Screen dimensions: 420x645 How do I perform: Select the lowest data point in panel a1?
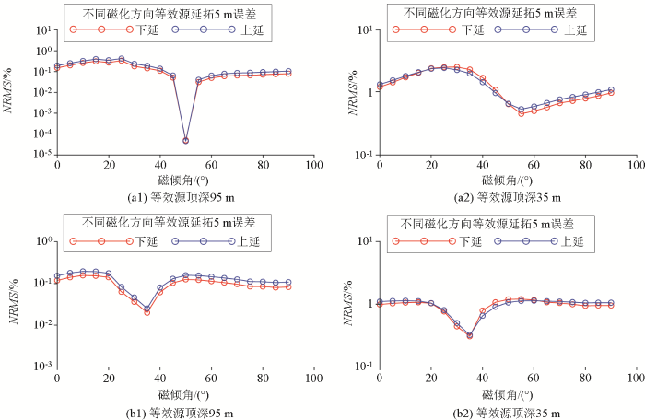[185, 141]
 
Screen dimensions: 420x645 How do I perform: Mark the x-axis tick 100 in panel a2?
[636, 164]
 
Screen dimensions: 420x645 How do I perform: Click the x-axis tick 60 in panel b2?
[534, 377]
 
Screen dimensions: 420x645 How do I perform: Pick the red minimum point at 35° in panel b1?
[147, 312]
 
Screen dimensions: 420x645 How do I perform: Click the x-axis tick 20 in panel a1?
[109, 164]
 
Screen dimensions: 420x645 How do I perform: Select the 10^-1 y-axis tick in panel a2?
[364, 155]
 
